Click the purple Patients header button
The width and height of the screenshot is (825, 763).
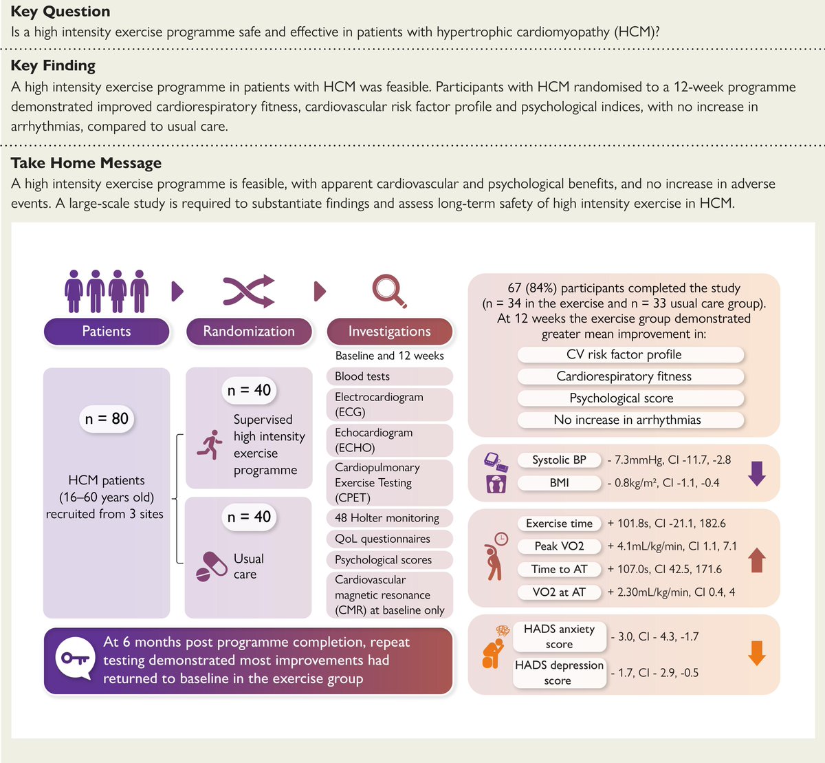[107, 331]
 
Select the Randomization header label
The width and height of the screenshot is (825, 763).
[249, 331]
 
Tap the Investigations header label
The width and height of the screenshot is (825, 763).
[389, 331]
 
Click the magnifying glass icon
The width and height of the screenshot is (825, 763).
[389, 291]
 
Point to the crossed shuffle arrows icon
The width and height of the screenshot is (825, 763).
[249, 291]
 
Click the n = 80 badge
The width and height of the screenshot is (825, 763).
[107, 418]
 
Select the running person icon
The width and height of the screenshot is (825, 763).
[210, 445]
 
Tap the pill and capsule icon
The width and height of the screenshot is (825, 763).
[211, 566]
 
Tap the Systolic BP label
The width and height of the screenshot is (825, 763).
[559, 460]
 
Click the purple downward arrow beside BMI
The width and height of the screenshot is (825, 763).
[757, 473]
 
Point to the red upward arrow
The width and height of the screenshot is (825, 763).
[757, 560]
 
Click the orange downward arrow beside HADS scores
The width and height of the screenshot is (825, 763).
[757, 653]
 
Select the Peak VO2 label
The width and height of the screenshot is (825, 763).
[559, 546]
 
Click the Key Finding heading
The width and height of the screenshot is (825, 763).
[53, 65]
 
